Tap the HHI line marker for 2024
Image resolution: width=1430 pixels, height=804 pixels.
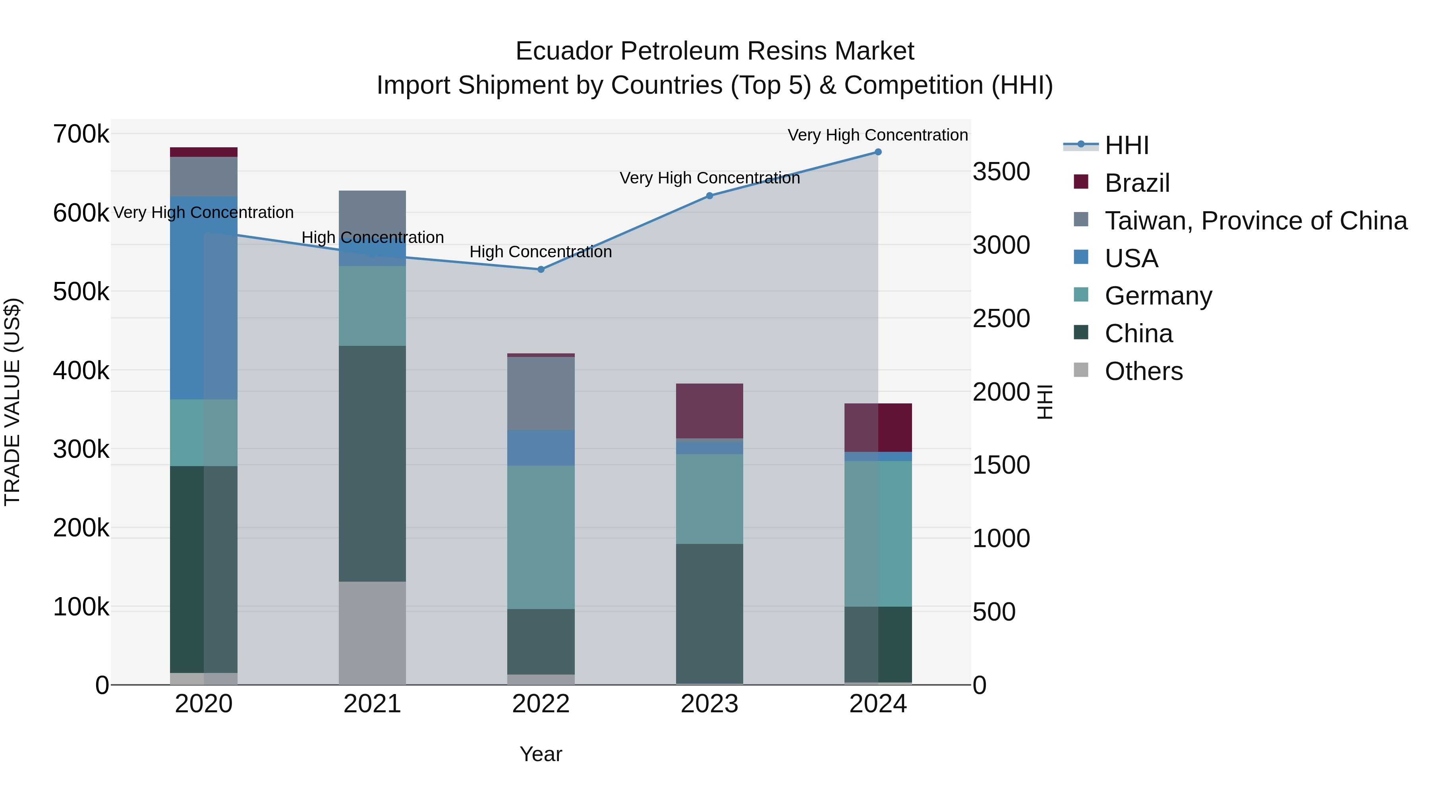tap(877, 152)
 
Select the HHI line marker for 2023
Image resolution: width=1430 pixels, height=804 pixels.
tap(709, 196)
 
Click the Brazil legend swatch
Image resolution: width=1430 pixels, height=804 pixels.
tap(1081, 182)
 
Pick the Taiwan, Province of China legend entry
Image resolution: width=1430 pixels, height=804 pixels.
tap(1256, 221)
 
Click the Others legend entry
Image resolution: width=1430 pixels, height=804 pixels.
tap(1144, 371)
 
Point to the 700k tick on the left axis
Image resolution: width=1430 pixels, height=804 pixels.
tap(81, 134)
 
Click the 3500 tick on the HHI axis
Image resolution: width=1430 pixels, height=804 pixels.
tap(1001, 172)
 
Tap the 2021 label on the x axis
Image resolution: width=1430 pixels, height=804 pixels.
tap(372, 704)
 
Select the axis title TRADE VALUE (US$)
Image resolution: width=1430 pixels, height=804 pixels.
tap(12, 402)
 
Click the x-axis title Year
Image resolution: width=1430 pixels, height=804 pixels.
tap(541, 754)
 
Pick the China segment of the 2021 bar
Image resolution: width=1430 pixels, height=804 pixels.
tap(372, 463)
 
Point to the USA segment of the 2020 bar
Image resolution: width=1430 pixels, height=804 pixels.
tap(203, 297)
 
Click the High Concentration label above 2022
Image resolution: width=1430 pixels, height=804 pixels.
tap(541, 252)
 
